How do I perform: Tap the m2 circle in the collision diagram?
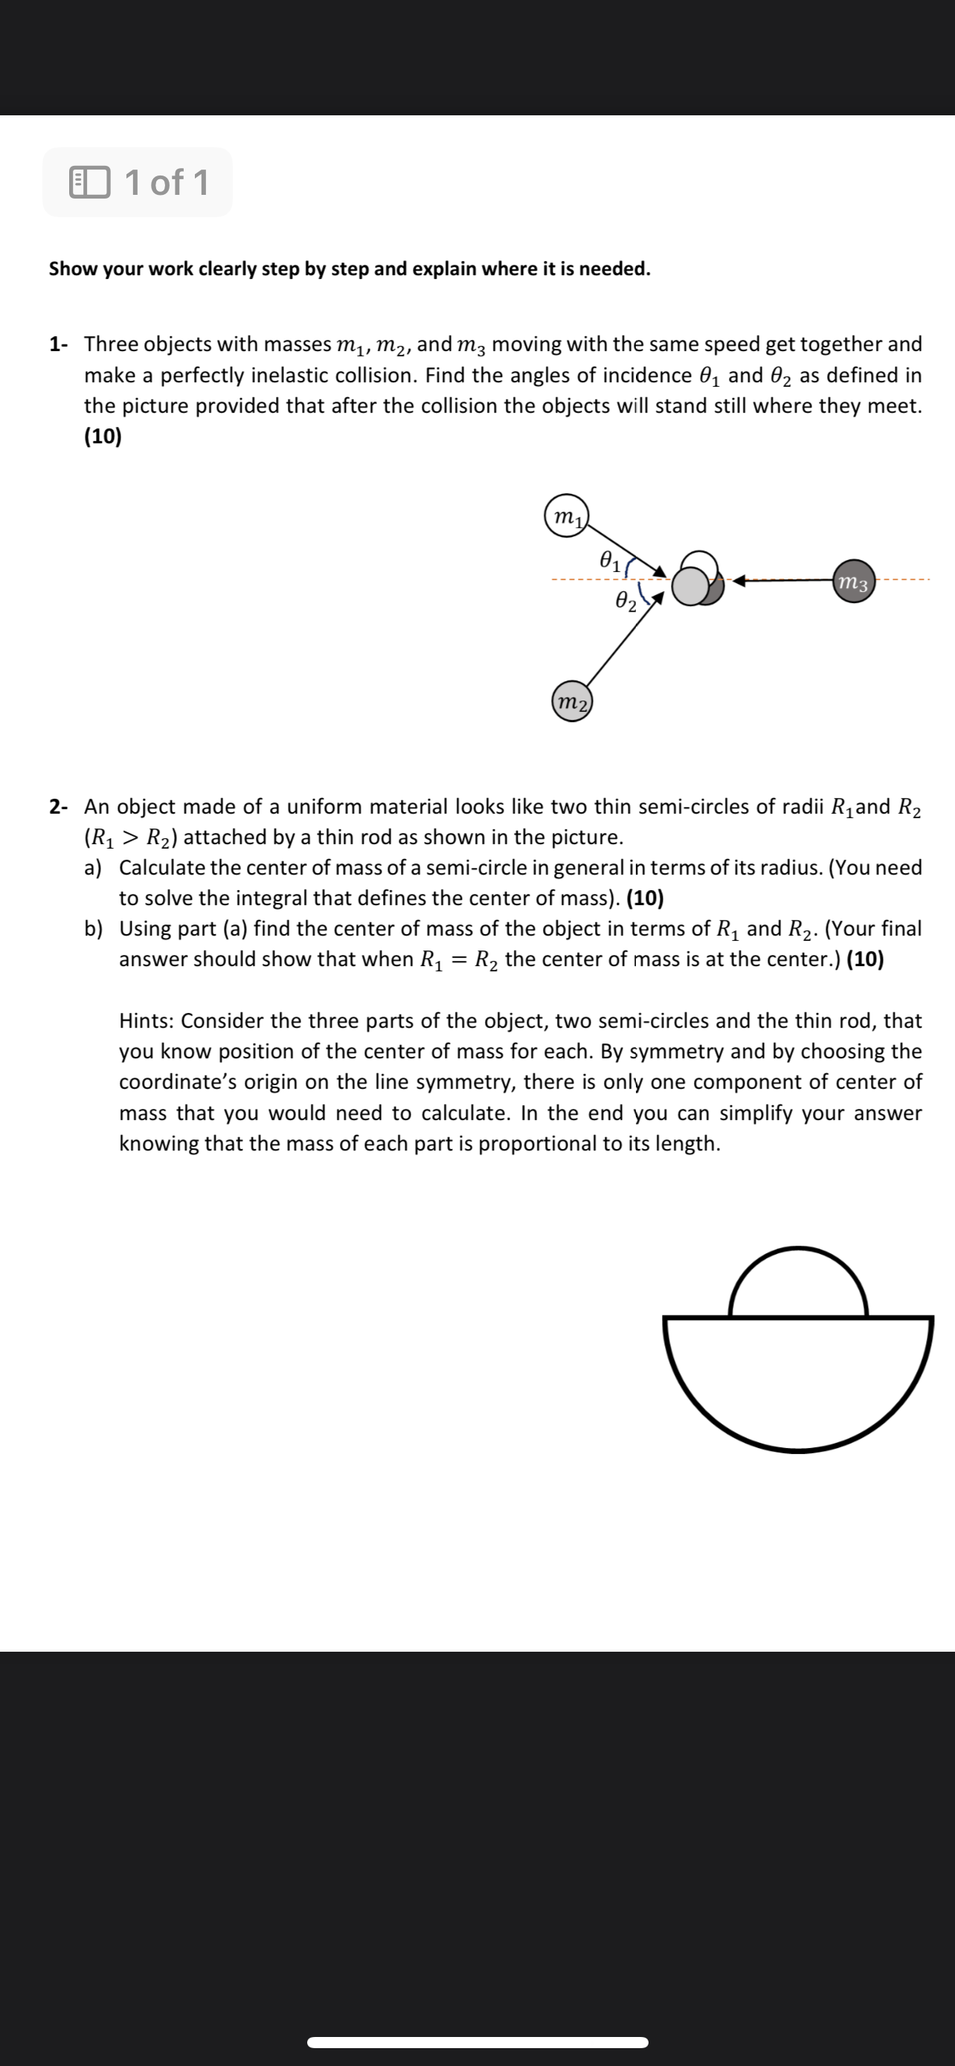572,702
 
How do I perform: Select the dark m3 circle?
853,582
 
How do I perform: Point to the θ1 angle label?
611,560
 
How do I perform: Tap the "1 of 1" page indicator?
167,182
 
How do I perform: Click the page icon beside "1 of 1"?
90,182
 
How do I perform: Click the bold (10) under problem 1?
103,437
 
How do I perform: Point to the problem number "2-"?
59,807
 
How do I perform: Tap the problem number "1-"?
59,345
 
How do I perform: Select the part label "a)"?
94,868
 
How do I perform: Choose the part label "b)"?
94,929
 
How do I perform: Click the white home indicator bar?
477,2041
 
